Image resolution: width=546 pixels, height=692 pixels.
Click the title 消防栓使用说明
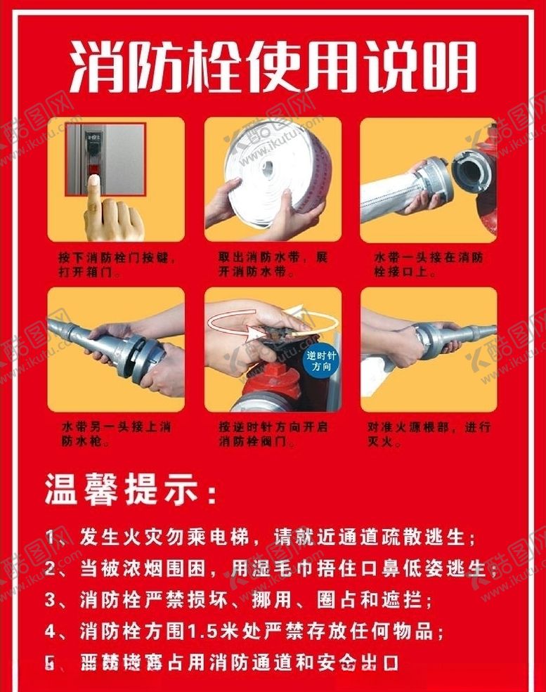click(x=273, y=67)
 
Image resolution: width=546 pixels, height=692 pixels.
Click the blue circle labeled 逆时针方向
click(x=322, y=362)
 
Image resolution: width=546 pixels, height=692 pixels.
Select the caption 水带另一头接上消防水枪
click(x=116, y=433)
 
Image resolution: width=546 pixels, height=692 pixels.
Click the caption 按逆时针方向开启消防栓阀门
click(x=273, y=433)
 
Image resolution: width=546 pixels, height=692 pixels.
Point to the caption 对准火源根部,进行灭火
click(x=429, y=433)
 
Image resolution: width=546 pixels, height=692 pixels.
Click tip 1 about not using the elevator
click(x=260, y=537)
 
